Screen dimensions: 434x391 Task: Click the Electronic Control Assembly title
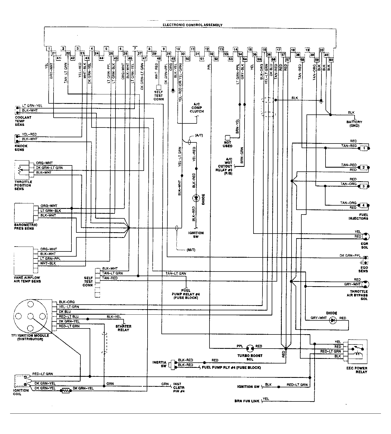[x=192, y=25]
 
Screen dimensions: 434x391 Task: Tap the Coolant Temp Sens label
[x=23, y=121]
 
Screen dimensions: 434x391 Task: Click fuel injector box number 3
[x=364, y=186]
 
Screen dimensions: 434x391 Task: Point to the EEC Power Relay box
[x=357, y=352]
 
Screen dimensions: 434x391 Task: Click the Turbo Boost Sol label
[x=250, y=357]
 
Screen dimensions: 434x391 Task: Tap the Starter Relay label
[x=123, y=328]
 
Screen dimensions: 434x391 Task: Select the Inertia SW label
[x=159, y=364]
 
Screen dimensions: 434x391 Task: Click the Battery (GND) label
[x=354, y=124]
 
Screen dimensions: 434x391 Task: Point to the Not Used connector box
[x=227, y=138]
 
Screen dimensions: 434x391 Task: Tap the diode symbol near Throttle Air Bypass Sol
[x=332, y=321]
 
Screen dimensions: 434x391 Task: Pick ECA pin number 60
[x=331, y=59]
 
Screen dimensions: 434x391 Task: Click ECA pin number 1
[x=48, y=49]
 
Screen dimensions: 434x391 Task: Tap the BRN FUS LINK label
[x=247, y=401]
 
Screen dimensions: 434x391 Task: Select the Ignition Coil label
[x=21, y=392]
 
